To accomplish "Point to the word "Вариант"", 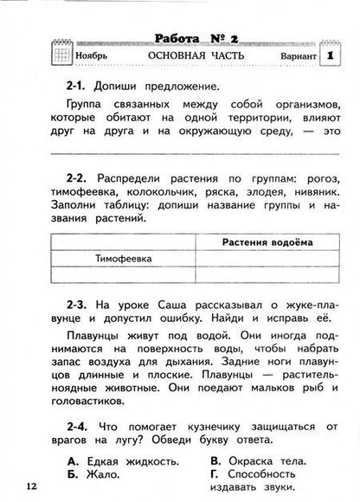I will [293, 56].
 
